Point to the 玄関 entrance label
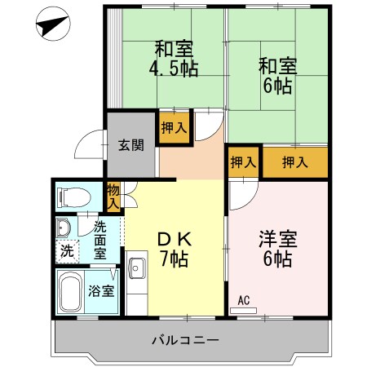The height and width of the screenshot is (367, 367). tap(130, 146)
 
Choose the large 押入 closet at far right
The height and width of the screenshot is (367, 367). tap(295, 162)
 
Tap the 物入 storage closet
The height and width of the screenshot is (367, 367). tap(113, 196)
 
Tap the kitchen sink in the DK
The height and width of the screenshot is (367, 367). tap(136, 268)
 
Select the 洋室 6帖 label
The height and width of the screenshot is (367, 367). tap(278, 250)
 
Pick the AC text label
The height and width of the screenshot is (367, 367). tap(243, 300)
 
